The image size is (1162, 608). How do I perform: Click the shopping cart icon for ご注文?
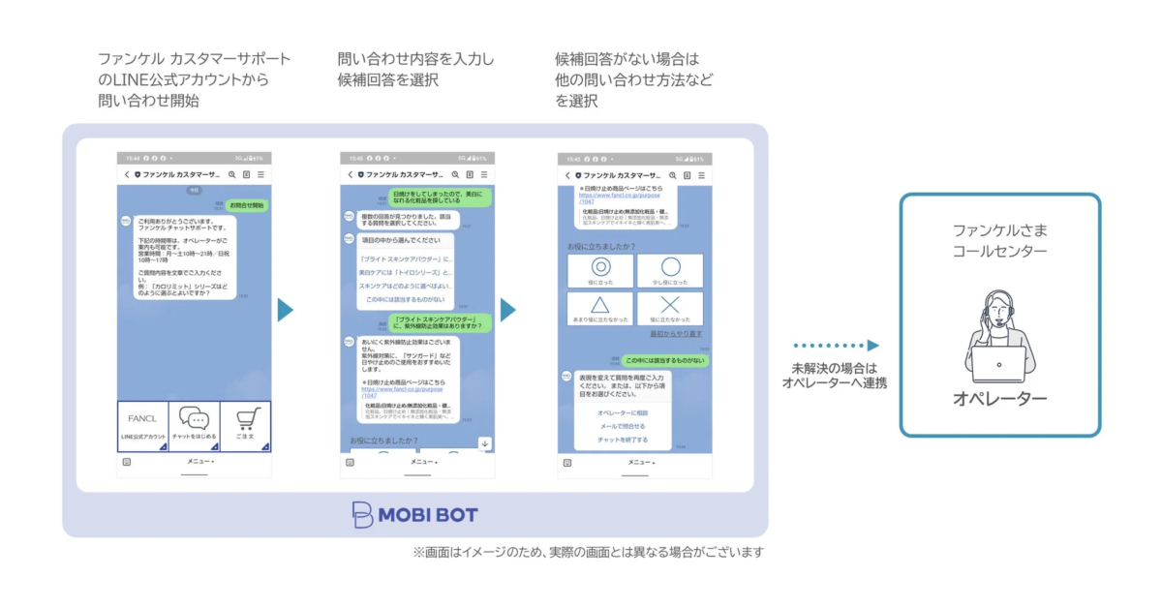(245, 420)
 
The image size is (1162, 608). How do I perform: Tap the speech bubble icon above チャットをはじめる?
(194, 420)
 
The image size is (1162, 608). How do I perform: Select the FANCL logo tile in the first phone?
(142, 420)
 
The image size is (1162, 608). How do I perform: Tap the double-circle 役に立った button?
(599, 271)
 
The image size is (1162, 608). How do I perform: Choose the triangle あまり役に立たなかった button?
(599, 309)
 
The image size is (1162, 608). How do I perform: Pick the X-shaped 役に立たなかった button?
(670, 309)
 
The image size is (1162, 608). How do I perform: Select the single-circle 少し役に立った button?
(670, 271)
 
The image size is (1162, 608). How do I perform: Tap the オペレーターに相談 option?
(623, 412)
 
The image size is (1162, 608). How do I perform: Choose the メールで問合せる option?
(623, 426)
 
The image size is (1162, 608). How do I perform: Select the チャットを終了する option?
(623, 440)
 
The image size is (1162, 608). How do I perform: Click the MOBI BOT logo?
(414, 514)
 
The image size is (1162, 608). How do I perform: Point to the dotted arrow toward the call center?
(835, 346)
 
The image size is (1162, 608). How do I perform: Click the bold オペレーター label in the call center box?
(999, 399)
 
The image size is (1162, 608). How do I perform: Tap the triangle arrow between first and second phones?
(285, 310)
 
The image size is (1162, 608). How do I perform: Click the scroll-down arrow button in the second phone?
(485, 443)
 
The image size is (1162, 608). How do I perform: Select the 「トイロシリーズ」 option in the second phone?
(406, 274)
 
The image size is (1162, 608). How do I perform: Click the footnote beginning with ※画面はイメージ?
(588, 552)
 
